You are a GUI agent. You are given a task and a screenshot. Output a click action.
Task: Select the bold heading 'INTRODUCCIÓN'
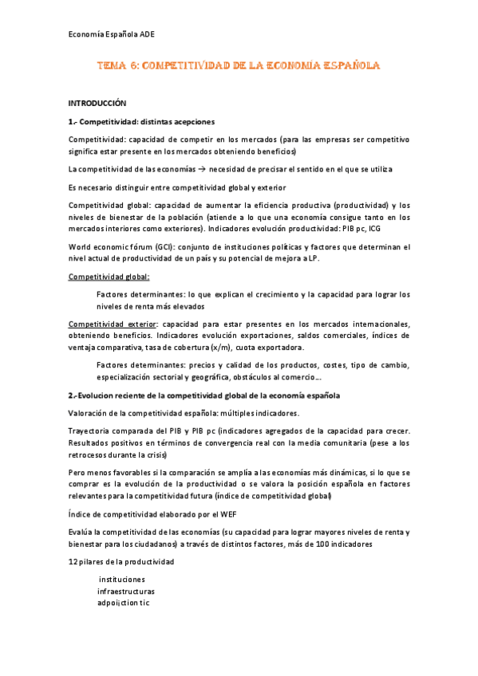tap(97, 104)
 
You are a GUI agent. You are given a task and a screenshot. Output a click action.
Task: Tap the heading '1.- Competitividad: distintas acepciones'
tap(141, 122)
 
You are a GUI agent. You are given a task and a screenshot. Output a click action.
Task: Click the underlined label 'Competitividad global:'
tap(109, 276)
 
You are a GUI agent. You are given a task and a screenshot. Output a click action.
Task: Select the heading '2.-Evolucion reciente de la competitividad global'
tap(203, 395)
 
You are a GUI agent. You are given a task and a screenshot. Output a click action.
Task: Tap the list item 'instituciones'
tap(121, 579)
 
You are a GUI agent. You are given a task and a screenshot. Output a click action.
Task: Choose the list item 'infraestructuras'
tap(125, 591)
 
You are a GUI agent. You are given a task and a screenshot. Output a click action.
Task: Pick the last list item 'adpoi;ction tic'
tap(123, 603)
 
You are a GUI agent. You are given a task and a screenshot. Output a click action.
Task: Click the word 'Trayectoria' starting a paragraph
tap(90, 430)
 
